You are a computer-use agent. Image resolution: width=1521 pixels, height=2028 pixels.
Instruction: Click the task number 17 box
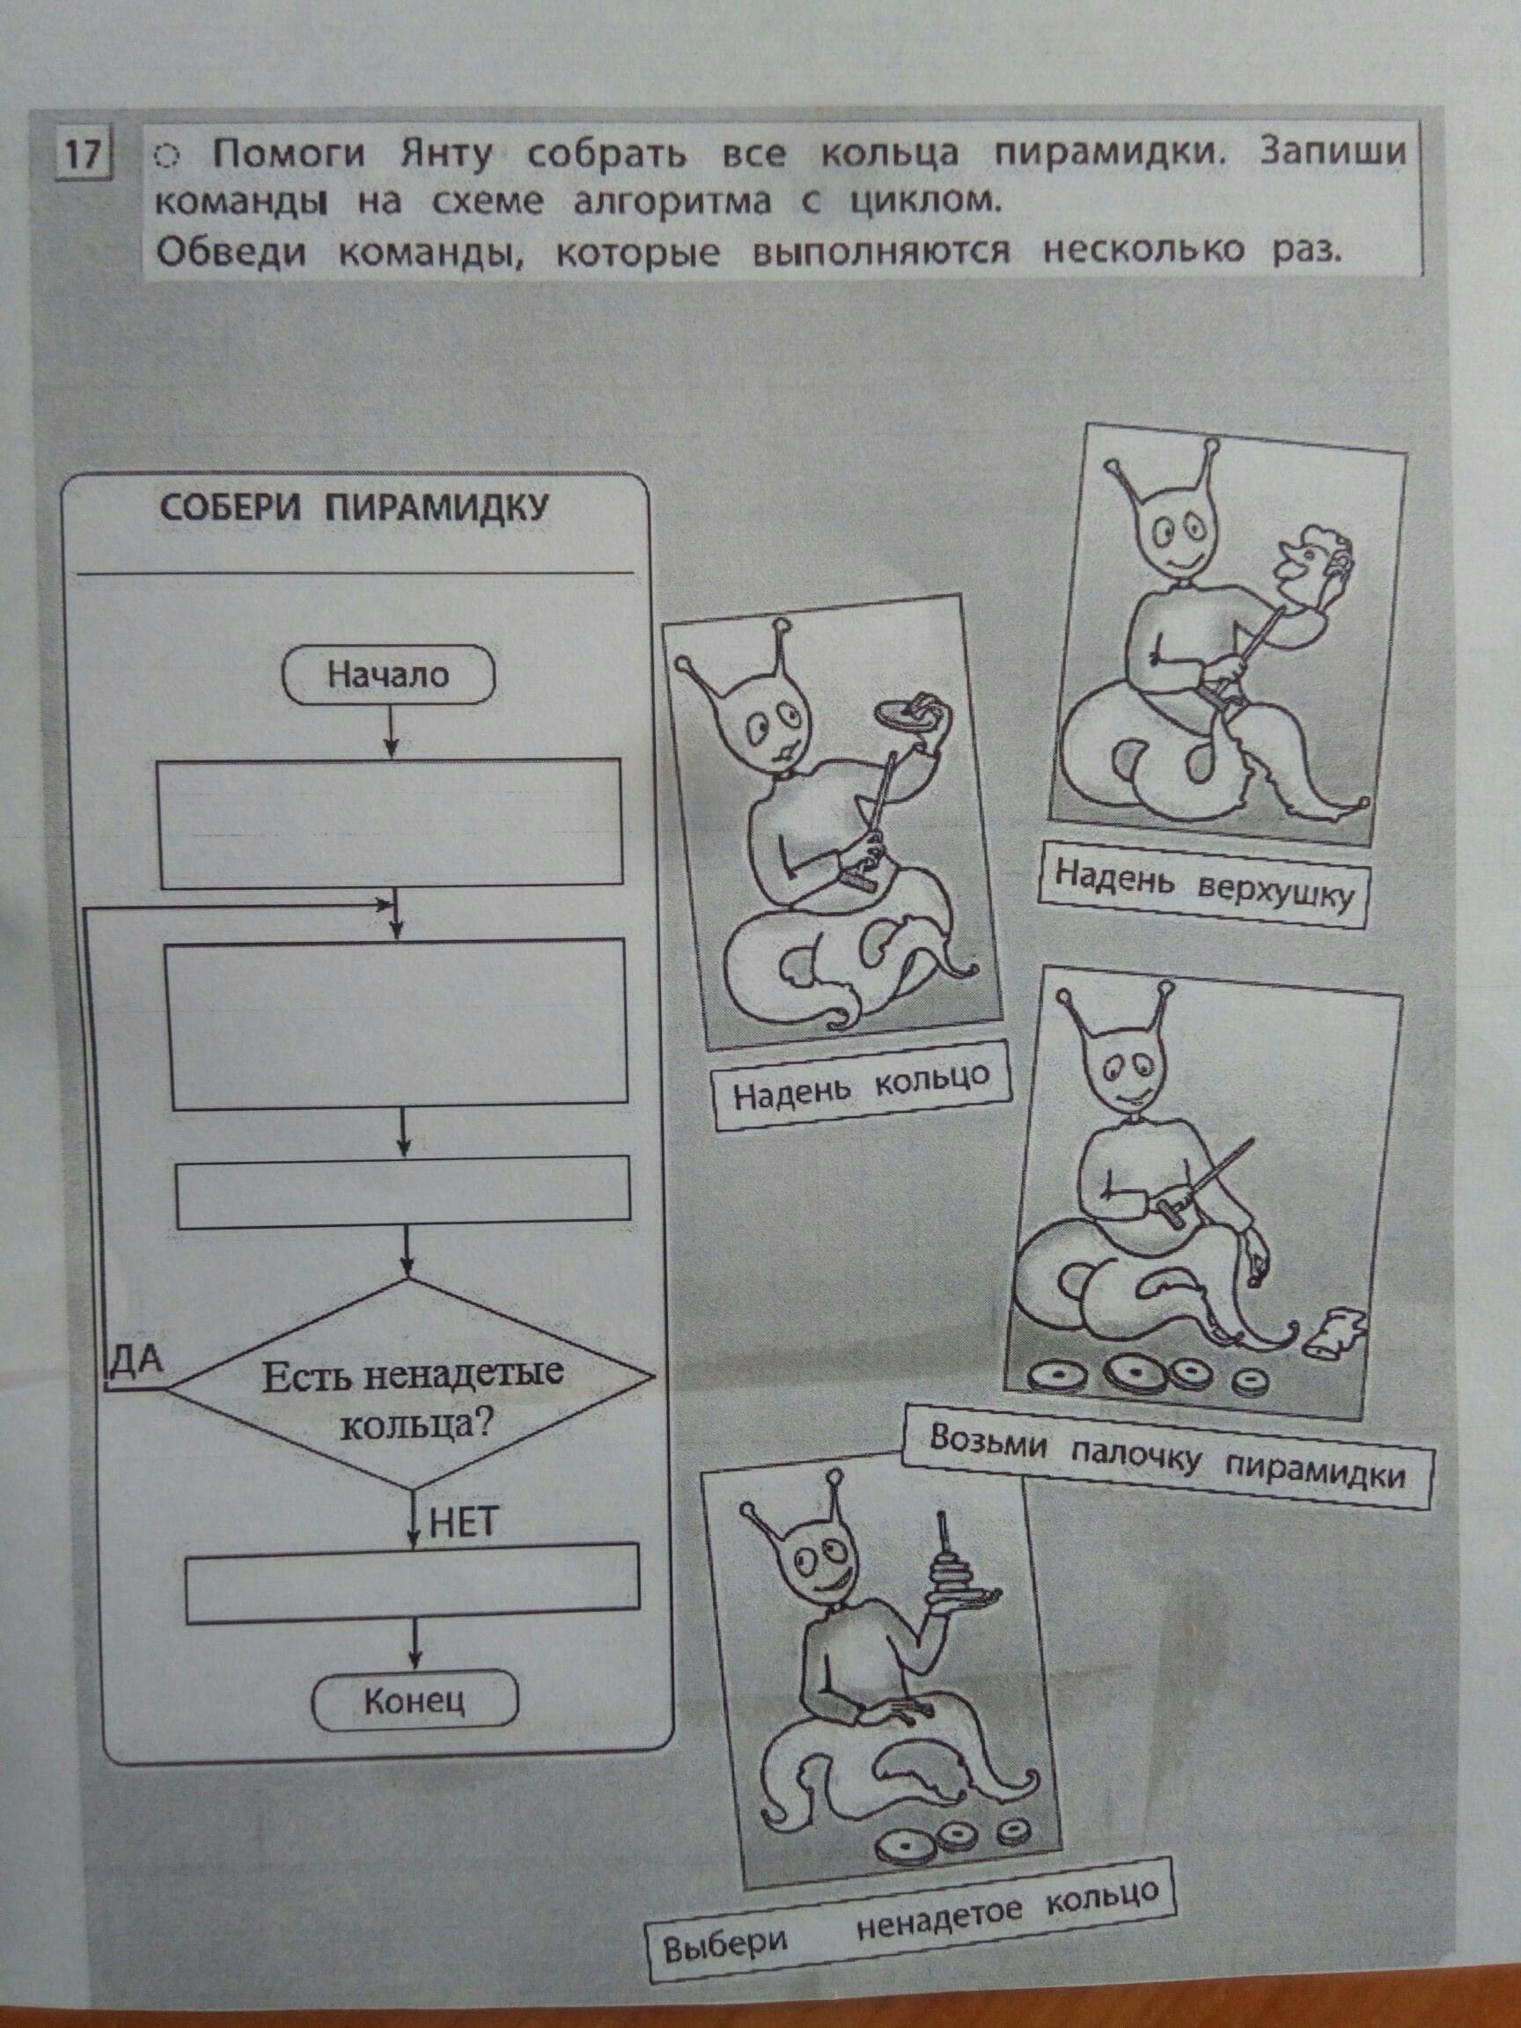(83, 153)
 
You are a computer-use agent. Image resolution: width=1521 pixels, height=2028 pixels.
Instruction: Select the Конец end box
(415, 1701)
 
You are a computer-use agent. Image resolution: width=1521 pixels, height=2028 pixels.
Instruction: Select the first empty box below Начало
(392, 823)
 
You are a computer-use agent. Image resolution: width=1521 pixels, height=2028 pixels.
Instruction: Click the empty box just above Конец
(413, 1583)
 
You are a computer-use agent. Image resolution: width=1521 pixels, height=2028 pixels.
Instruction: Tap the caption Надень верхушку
(1204, 884)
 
